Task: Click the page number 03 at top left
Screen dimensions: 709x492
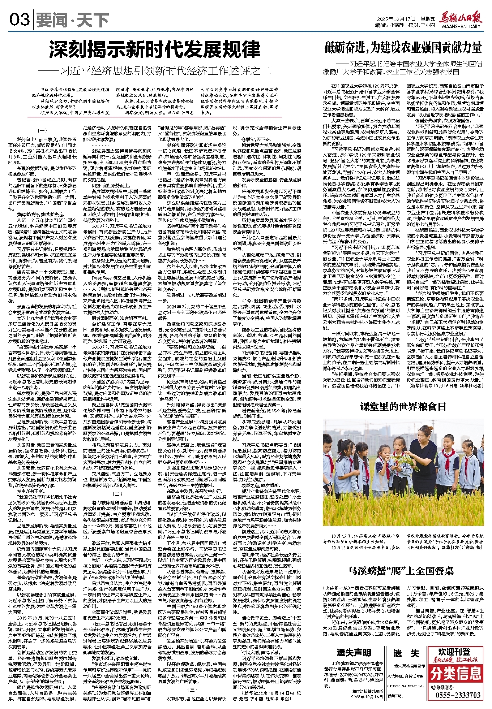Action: click(19, 19)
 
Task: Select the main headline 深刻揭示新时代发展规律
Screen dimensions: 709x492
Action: click(155, 50)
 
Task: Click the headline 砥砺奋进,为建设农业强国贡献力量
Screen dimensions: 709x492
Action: click(403, 47)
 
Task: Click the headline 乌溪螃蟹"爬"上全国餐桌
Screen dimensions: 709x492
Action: click(401, 571)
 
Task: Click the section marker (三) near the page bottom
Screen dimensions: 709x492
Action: click(192, 689)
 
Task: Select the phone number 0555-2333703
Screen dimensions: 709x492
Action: click(458, 695)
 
